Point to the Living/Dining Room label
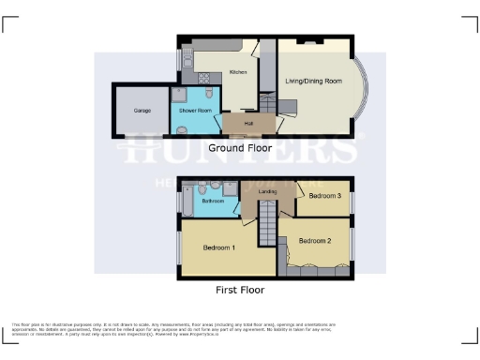click(312, 82)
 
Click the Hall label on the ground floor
click(248, 123)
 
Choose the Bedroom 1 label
click(219, 247)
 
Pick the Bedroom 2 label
click(316, 241)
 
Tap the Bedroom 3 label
click(324, 195)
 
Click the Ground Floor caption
click(239, 148)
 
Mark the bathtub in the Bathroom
click(186, 200)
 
